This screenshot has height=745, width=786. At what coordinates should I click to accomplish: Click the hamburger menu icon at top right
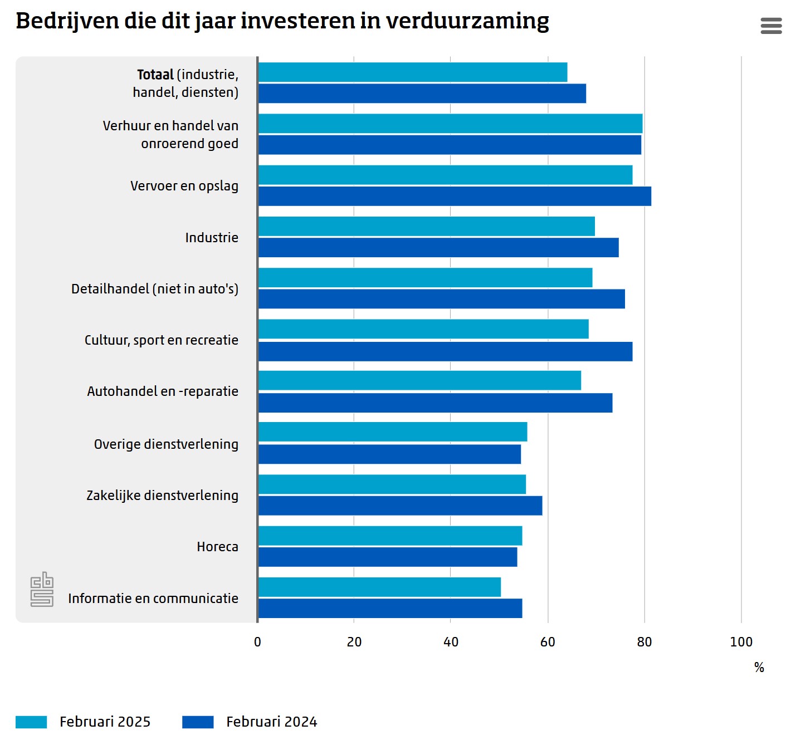771,26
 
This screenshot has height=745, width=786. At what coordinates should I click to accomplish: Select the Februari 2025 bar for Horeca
390,536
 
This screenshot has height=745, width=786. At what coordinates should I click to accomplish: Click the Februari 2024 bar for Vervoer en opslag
455,196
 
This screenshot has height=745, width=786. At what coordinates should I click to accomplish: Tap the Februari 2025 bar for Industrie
427,227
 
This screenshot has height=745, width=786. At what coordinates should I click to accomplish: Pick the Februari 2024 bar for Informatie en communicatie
390,609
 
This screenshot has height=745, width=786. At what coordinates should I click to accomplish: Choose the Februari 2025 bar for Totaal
413,72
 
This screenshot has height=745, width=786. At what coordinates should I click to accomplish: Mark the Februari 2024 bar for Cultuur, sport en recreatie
445,351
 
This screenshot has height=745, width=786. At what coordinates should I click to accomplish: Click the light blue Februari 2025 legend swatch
31,722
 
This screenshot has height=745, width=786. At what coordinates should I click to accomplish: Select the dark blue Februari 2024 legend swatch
198,722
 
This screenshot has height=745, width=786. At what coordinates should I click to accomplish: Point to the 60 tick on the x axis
548,642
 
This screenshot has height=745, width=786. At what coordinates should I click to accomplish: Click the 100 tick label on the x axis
741,642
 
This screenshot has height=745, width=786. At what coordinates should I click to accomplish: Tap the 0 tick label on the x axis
257,642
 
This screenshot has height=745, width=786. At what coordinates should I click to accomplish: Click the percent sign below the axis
759,668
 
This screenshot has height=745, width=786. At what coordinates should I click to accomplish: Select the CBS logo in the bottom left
42,589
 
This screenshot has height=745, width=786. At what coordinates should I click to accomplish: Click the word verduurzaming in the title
467,21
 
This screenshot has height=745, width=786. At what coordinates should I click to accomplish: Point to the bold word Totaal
155,75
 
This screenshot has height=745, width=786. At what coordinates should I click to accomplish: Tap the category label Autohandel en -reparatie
163,391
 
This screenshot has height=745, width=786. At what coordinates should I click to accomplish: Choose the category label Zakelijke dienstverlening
162,496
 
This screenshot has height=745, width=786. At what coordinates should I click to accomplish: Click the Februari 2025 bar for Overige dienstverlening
393,432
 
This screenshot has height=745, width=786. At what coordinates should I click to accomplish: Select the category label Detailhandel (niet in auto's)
155,289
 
